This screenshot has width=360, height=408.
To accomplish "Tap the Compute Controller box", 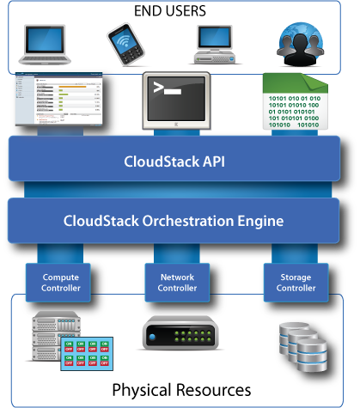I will (61, 283).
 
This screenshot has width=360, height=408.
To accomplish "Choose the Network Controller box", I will (177, 283).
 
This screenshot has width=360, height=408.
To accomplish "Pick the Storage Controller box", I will (296, 283).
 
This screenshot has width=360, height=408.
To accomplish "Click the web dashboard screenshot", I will (58, 101).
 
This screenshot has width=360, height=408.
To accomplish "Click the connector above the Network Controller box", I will (177, 253).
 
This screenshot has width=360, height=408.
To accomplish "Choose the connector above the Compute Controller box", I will (61, 253).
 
